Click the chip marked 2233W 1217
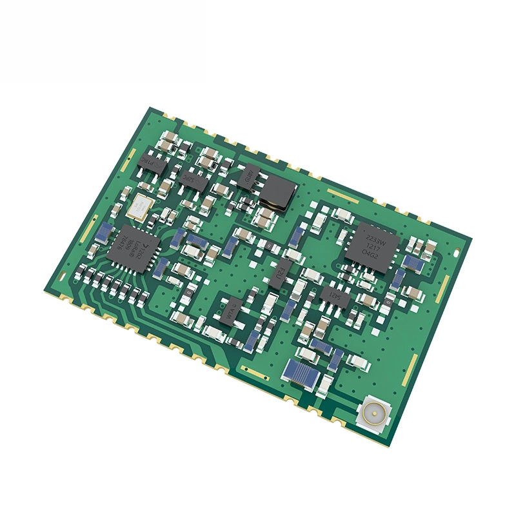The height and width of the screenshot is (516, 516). tap(372, 245)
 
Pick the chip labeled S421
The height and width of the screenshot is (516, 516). tap(335, 296)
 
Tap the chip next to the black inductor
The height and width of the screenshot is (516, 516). tap(248, 175)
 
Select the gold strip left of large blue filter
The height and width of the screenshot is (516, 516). tap(253, 371)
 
